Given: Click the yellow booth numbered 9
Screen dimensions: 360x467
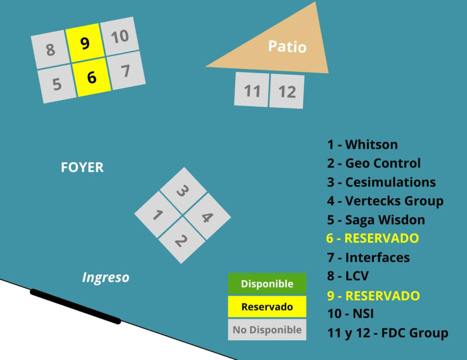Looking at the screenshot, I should click(84, 43).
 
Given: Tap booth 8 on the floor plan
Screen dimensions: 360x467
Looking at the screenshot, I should click(50, 49).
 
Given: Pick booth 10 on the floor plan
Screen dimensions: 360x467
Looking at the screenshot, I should click(119, 36).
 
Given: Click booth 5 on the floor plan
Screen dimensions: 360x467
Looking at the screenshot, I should click(57, 85).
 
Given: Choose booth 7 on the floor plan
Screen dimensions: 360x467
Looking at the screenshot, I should click(126, 71).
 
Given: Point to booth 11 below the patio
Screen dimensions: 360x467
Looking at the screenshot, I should click(251, 90).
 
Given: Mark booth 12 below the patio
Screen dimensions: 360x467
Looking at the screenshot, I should click(287, 92).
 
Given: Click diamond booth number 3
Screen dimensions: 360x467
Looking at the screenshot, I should click(182, 190).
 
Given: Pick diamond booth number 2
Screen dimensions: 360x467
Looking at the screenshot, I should click(182, 240).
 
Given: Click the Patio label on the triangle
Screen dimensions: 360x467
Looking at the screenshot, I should click(287, 46).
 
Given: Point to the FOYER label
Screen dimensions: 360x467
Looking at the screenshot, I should click(82, 168).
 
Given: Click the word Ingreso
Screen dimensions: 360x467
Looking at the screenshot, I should click(105, 277).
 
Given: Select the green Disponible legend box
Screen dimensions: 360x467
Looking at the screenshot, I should click(267, 284).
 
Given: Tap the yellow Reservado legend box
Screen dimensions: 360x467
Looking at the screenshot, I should click(267, 307).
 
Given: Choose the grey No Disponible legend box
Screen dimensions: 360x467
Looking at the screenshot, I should click(267, 329).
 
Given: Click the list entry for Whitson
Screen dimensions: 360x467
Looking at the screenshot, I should click(362, 145).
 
